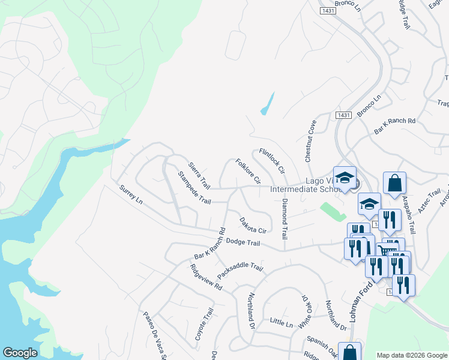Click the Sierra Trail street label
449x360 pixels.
coord(199,174)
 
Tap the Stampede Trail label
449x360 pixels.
coord(194,187)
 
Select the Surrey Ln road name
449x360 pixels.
coord(131,196)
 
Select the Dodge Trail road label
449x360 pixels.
coord(243,242)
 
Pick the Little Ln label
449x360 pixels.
coord(281,323)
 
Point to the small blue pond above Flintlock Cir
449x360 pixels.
coord(268,104)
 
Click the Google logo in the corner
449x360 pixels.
coord(20,353)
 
